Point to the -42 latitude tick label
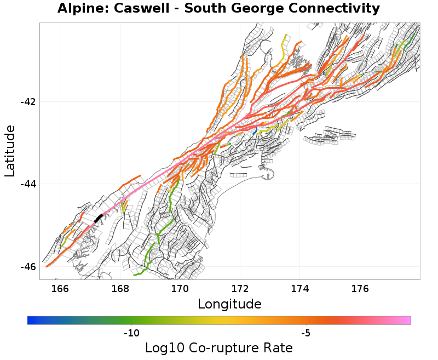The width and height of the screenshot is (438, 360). (x=28, y=102)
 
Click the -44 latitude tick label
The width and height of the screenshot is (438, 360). (x=28, y=184)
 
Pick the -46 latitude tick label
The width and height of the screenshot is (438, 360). (x=28, y=266)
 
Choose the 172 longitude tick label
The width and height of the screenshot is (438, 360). (x=240, y=289)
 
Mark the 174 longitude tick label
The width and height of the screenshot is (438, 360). (x=300, y=289)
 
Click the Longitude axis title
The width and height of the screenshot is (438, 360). (x=229, y=304)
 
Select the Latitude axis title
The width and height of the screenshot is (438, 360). (x=10, y=151)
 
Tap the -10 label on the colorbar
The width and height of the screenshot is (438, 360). (x=131, y=333)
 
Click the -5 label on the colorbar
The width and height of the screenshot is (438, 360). (x=306, y=333)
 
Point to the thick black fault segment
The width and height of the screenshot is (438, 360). (x=99, y=218)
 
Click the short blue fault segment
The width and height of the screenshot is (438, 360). (x=256, y=130)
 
